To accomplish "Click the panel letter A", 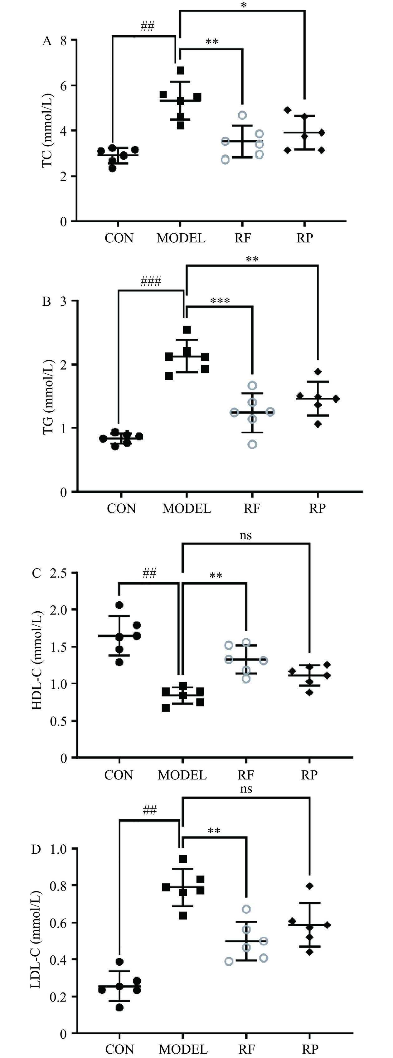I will coord(47,41).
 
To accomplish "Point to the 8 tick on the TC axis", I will coord(63,41).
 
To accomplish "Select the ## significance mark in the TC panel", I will coord(148,27).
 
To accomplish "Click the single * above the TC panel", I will coord(244,5).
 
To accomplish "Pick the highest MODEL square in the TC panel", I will coord(180,70).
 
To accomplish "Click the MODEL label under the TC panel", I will coord(181,238).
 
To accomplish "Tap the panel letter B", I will coord(47,302).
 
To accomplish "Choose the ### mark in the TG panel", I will coord(151,281).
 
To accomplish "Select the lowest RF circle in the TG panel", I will coord(253,444).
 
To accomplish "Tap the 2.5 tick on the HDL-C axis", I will coord(58,573).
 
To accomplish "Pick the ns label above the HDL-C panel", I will coord(245,535).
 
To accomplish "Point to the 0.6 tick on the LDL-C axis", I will coord(58,922).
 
